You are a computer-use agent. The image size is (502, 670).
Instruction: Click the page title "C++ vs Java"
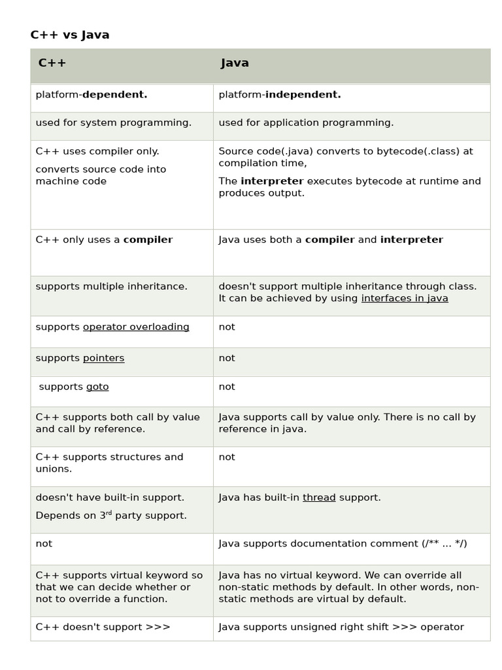pos(70,35)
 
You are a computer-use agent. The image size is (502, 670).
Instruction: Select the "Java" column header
pos(235,63)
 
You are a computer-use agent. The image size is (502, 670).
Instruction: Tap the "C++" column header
pos(52,63)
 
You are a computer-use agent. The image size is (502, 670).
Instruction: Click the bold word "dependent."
pos(114,95)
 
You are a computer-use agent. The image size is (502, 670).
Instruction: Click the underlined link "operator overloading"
pos(136,327)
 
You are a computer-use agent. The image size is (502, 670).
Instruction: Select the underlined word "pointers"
pos(103,359)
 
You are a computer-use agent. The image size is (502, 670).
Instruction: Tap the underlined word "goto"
pos(97,387)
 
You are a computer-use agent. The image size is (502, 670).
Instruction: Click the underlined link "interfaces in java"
pos(405,298)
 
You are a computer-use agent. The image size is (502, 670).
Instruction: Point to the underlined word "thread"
pos(319,498)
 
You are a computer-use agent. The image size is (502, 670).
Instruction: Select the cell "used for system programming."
pos(114,123)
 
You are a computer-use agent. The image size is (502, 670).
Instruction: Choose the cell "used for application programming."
pos(306,123)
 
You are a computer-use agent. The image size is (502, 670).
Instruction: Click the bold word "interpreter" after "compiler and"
pos(411,240)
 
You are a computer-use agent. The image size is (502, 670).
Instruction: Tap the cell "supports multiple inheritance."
pos(112,287)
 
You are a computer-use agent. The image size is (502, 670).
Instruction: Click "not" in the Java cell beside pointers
pos(227,359)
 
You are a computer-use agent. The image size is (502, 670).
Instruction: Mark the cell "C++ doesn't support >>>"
pos(103,627)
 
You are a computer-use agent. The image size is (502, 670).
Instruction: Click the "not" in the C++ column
pos(44,544)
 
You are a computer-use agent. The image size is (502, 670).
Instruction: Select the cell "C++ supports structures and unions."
pos(109,463)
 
